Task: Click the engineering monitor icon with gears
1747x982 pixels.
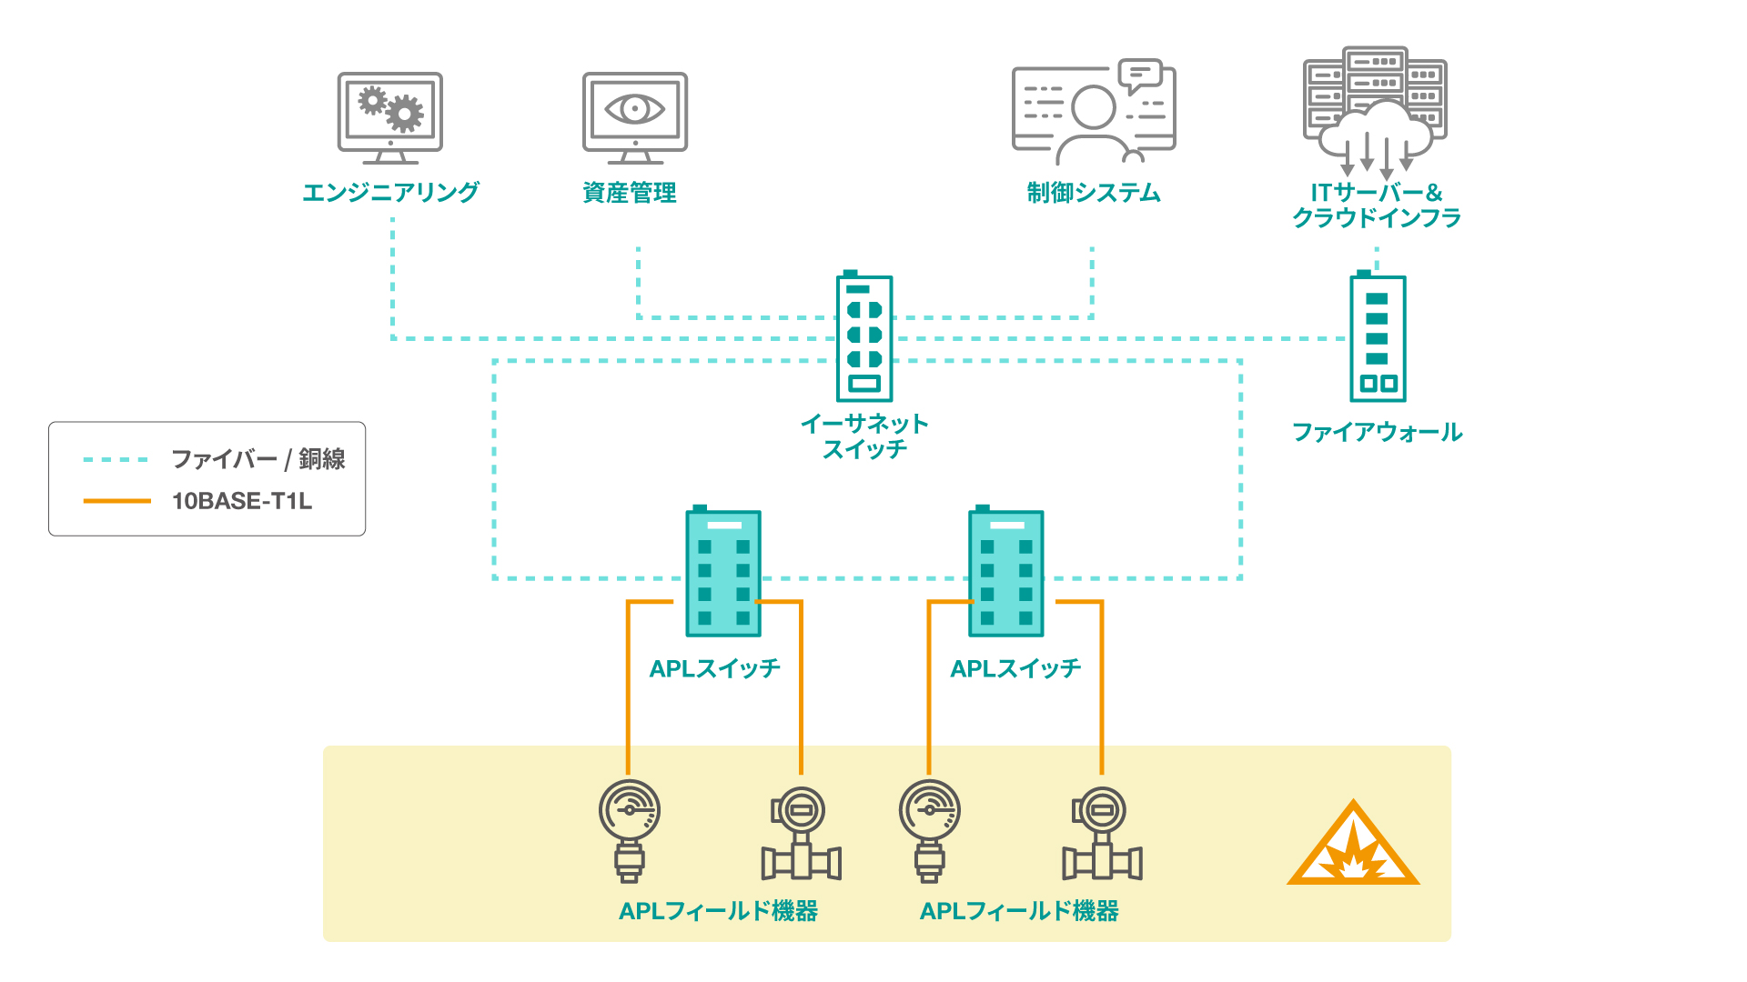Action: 390,117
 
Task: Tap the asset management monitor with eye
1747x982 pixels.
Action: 635,117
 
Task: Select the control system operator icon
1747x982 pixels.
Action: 1094,111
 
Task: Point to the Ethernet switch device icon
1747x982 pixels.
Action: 864,337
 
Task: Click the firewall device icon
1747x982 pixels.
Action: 1378,337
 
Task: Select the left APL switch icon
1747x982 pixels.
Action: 723,574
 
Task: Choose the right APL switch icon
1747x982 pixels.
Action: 1005,574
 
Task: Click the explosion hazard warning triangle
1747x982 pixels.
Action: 1353,845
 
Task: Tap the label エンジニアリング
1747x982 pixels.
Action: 390,193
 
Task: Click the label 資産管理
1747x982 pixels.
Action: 630,193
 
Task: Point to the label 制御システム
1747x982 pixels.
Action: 1094,193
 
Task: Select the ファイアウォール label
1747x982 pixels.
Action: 1377,432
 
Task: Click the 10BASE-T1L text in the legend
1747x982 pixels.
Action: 242,501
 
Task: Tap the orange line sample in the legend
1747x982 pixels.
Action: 116,501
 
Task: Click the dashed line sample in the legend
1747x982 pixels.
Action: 116,460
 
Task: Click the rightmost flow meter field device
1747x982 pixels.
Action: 1102,835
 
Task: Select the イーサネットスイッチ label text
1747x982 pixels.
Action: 864,436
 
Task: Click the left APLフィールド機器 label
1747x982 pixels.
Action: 718,911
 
